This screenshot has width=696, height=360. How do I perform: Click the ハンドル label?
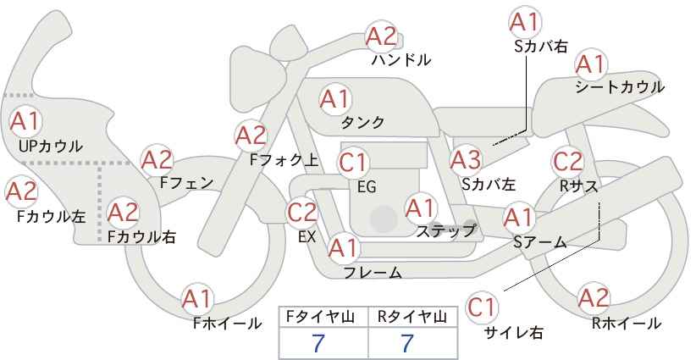[401, 60]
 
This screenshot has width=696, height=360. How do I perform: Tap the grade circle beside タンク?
[334, 99]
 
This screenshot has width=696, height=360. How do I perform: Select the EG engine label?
[367, 186]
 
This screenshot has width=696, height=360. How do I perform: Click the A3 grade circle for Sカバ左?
[465, 159]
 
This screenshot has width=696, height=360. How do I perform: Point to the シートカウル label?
[620, 87]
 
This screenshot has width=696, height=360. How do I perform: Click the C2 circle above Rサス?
[567, 161]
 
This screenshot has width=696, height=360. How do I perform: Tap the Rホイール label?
[627, 323]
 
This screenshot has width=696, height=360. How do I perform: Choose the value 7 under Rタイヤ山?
[407, 344]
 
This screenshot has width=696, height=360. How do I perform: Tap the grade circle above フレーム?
[344, 248]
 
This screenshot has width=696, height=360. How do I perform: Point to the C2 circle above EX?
[302, 212]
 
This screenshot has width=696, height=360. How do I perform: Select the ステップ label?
[446, 230]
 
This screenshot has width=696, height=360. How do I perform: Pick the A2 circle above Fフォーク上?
[251, 135]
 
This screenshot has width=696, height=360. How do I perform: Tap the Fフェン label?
[186, 181]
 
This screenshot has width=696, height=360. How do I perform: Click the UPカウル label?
[50, 147]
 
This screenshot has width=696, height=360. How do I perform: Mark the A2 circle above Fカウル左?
[21, 191]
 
